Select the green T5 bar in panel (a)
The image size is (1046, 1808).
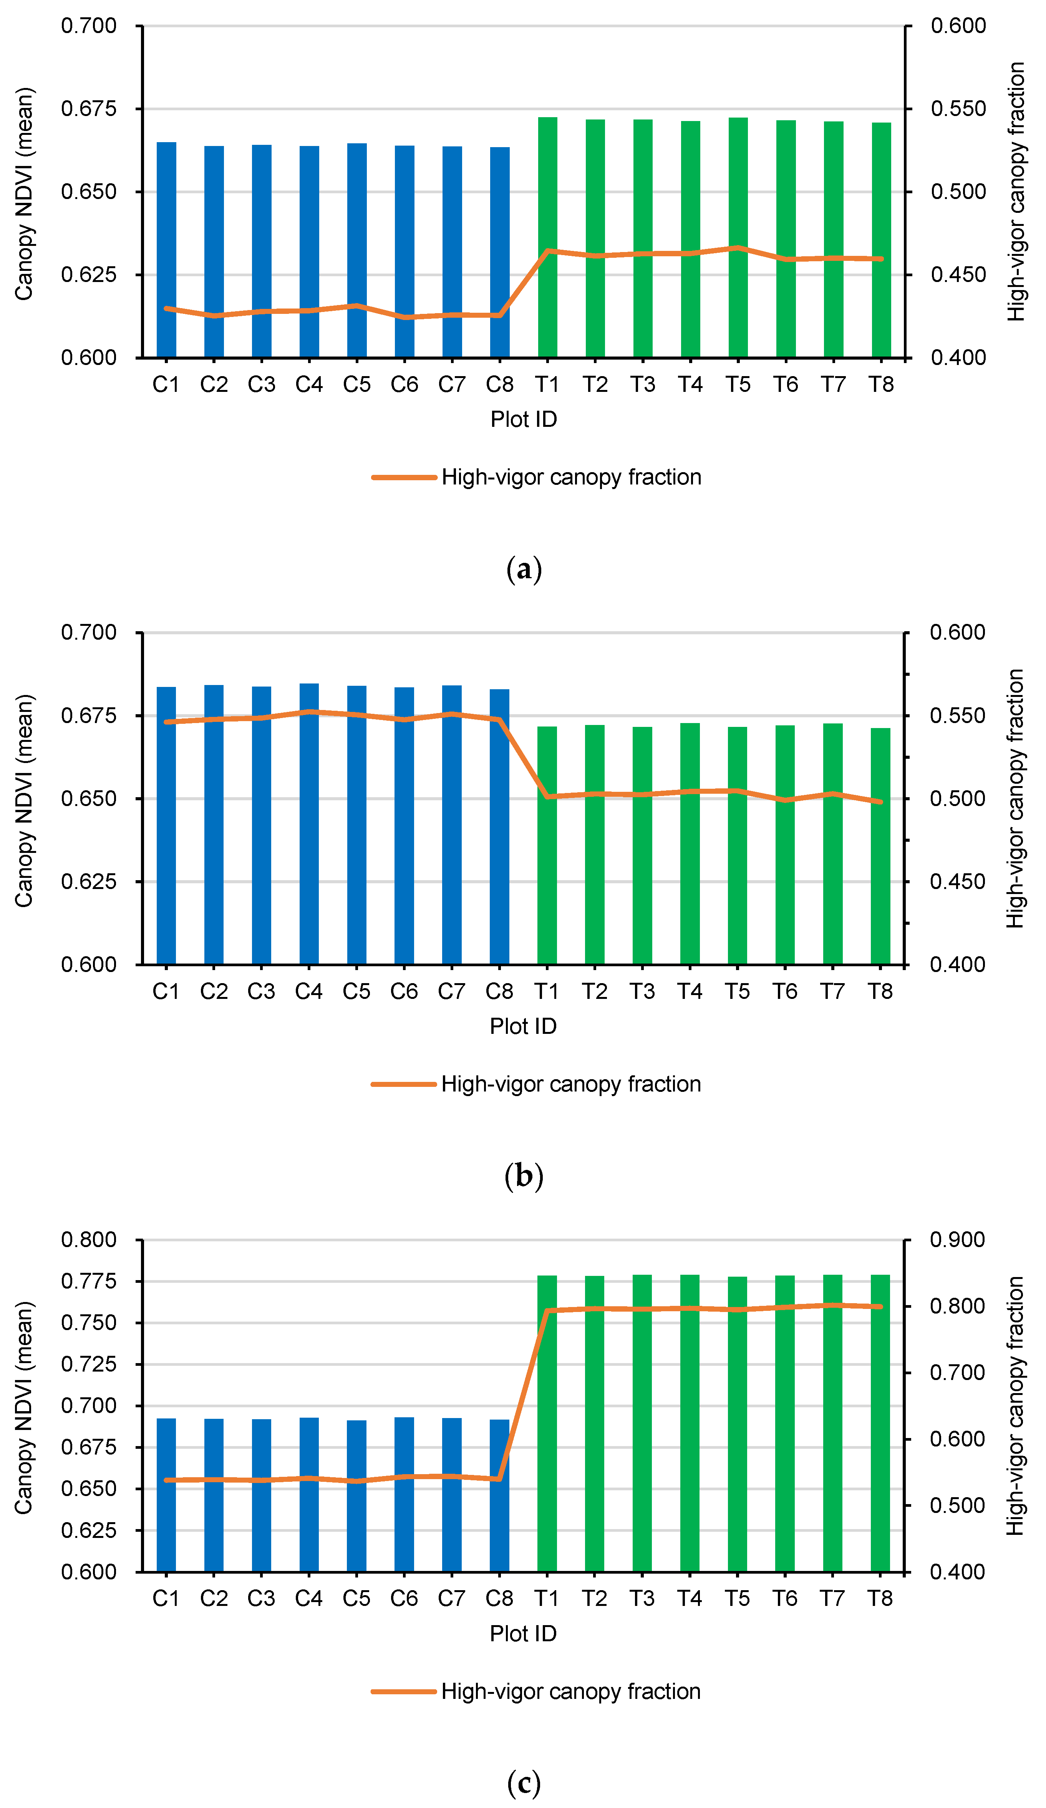[x=738, y=237]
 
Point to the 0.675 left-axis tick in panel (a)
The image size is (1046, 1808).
[x=88, y=109]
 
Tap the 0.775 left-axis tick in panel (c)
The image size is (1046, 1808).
[x=88, y=1281]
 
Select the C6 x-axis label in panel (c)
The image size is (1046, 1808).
[x=404, y=1599]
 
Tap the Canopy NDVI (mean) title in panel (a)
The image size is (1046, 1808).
[x=24, y=194]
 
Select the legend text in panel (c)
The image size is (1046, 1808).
[x=570, y=1692]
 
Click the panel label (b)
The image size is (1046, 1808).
[x=524, y=1177]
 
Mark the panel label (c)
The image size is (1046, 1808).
[x=524, y=1783]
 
